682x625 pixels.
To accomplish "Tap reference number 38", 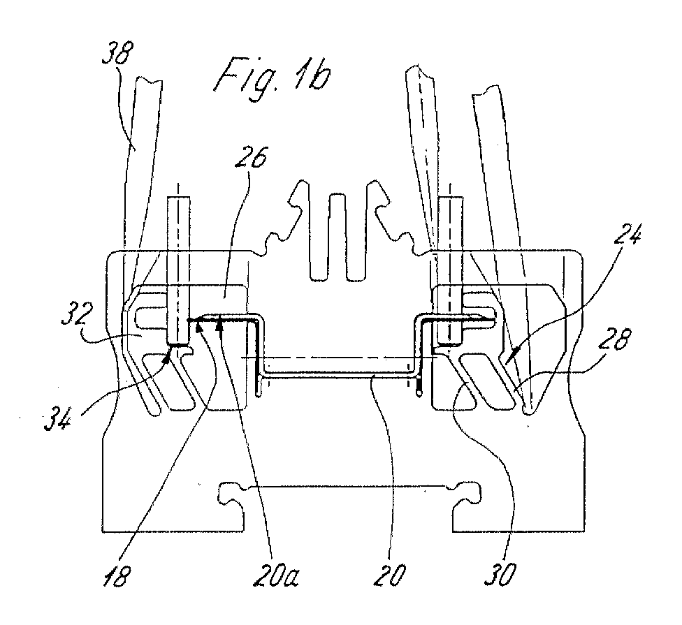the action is click(118, 52).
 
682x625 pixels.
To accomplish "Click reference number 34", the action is click(58, 418).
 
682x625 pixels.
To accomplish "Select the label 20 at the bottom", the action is click(389, 575).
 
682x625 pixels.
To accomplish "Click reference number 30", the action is click(500, 575).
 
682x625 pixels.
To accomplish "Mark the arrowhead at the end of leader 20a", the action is click(220, 324).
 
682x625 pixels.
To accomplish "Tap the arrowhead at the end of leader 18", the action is click(199, 326).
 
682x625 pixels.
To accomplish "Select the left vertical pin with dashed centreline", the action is click(179, 270).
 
